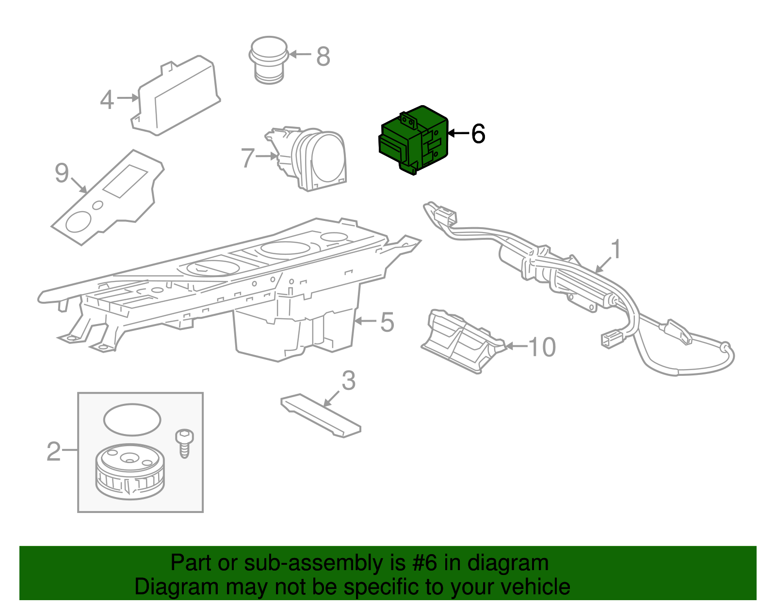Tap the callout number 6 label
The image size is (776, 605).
point(478,134)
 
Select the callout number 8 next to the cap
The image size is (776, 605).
point(323,56)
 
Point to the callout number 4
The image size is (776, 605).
point(107,100)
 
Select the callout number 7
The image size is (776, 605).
point(248,158)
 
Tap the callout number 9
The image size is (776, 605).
point(62,173)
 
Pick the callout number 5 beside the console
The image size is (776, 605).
point(387,322)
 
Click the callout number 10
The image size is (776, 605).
point(541,347)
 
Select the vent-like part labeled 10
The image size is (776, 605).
point(461,341)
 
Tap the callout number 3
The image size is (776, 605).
point(348,381)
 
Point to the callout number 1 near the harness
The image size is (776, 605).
point(615,250)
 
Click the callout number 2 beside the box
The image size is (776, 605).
point(53,451)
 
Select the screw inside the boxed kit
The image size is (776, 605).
point(184,442)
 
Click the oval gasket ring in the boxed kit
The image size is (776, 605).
point(131,419)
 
